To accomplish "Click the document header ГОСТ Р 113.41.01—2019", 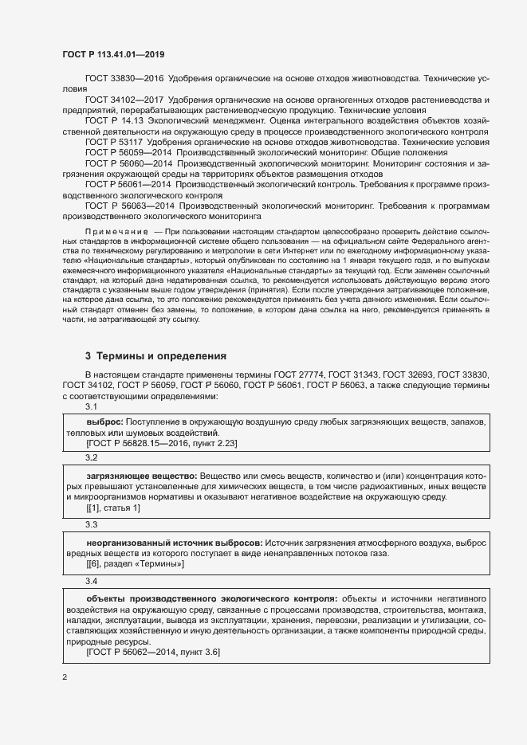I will pyautogui.click(x=114, y=54).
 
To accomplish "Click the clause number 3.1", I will pyautogui.click(x=92, y=406).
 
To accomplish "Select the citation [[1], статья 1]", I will pyautogui.click(x=113, y=508).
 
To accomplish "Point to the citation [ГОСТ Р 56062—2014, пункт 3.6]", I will pyautogui.click(x=153, y=653).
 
